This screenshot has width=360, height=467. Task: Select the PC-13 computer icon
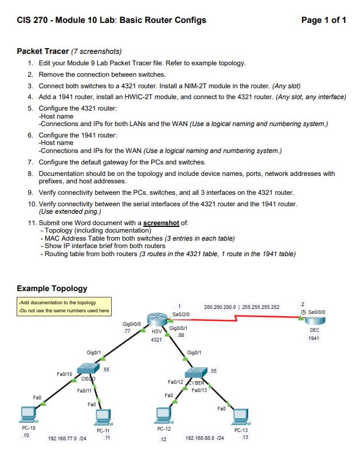tap(241, 415)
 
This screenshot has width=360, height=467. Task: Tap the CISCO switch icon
tap(89, 370)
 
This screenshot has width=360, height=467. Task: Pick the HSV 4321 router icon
tap(156, 321)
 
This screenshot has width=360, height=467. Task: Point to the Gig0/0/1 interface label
tap(179, 328)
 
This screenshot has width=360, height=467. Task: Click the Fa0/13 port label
tap(198, 389)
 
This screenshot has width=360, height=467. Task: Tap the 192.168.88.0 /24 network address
tap(205, 438)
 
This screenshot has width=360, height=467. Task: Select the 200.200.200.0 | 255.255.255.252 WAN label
tap(241, 307)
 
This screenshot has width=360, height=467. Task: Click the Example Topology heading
tap(52, 288)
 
